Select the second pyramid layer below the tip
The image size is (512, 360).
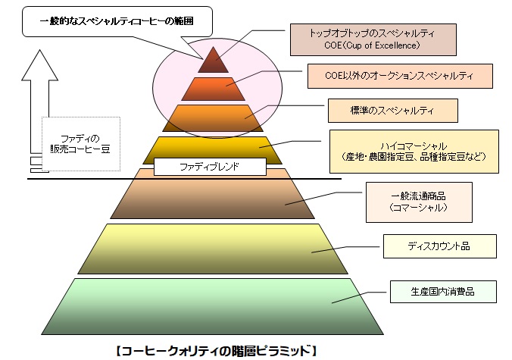click(208, 89)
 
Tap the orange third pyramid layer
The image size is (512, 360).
click(208, 118)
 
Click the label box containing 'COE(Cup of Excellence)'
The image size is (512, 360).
click(373, 39)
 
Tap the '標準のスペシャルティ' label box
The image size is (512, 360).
click(393, 111)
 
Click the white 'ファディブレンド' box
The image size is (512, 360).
click(210, 167)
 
